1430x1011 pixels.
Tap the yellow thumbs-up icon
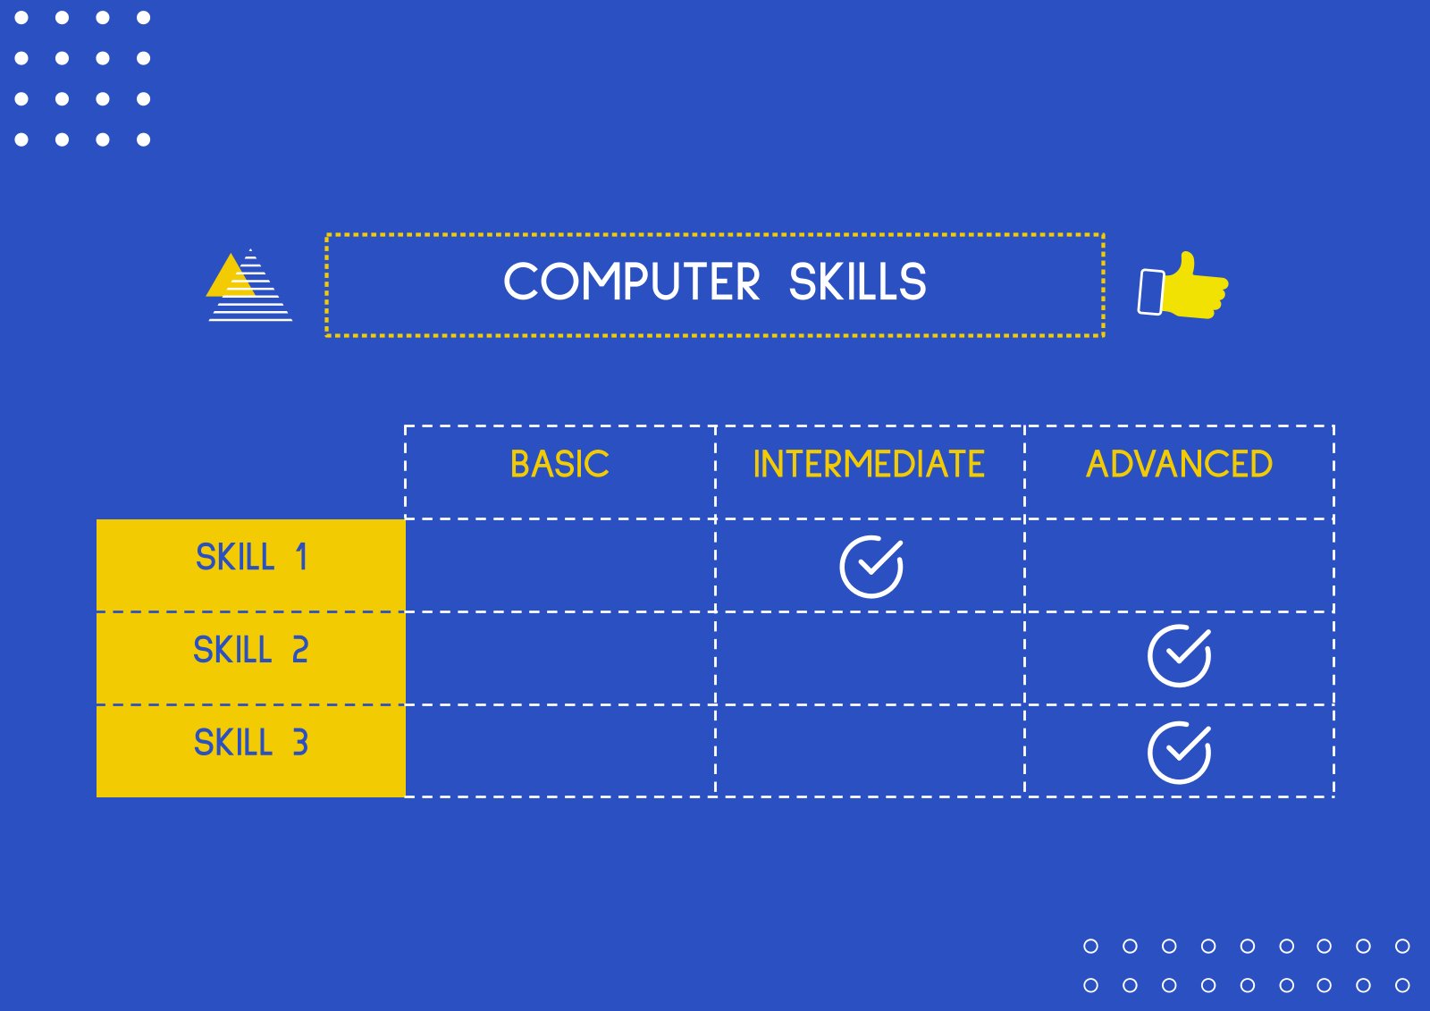(1183, 285)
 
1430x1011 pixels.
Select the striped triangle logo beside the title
(249, 285)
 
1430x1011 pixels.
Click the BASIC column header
(559, 464)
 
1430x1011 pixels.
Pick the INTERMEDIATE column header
(869, 464)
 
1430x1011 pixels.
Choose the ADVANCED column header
(1179, 464)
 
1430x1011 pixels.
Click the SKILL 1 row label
(251, 556)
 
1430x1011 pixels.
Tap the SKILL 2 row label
(251, 650)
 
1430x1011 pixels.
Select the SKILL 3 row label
(251, 742)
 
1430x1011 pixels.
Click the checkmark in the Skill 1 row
(871, 567)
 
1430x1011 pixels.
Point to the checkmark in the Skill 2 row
(1179, 656)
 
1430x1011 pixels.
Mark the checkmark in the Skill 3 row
(1179, 753)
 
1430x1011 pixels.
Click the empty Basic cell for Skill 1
(559, 565)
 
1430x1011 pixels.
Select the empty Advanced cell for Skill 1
(1179, 565)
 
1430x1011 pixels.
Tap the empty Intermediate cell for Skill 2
(870, 659)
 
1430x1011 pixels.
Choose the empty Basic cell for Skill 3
(559, 751)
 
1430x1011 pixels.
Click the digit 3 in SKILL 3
(300, 742)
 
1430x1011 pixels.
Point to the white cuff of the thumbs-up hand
(1151, 292)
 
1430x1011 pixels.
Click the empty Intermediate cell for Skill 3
(870, 751)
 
